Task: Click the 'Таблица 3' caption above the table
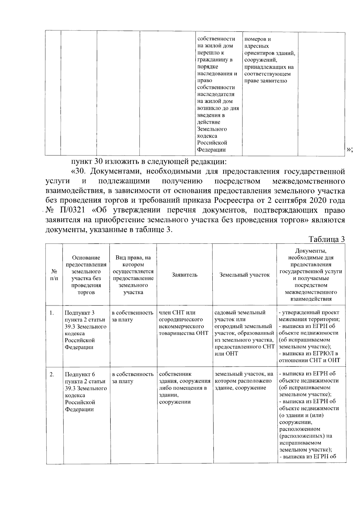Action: pyautogui.click(x=326, y=240)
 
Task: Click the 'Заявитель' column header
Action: pyautogui.click(x=184, y=275)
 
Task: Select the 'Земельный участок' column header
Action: pyautogui.click(x=244, y=275)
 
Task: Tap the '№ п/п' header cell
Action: pyautogui.click(x=54, y=275)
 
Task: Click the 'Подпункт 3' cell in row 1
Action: pyautogui.click(x=85, y=330)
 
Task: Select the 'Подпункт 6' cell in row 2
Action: pyautogui.click(x=85, y=392)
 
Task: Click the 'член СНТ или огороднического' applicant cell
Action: pyautogui.click(x=183, y=323)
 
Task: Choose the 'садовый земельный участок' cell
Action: pyautogui.click(x=244, y=333)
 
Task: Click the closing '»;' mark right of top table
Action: pyautogui.click(x=349, y=150)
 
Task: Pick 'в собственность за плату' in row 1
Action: pyautogui.click(x=133, y=316)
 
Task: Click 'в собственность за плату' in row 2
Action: pyautogui.click(x=133, y=378)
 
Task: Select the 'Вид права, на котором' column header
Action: pyautogui.click(x=133, y=275)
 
